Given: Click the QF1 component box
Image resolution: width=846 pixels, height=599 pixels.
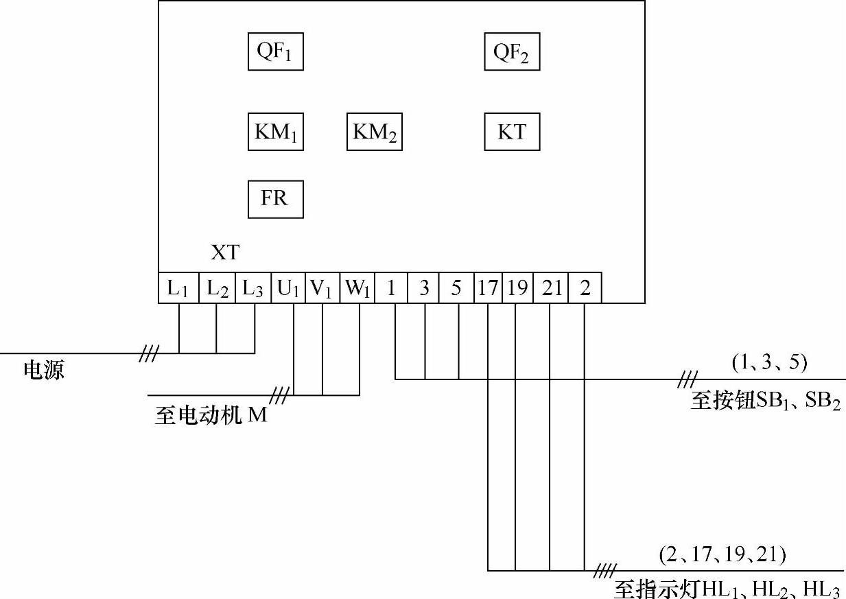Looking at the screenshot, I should pos(275,51).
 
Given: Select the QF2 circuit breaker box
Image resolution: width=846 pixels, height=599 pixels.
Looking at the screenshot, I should pos(512,51).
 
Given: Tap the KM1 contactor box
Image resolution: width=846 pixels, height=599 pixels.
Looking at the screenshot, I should pos(275,132).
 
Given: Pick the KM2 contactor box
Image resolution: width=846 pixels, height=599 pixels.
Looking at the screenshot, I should pos(374,132).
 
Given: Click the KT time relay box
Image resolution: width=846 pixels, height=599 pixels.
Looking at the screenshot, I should pos(512,132).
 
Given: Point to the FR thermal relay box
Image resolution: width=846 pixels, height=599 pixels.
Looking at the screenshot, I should pos(275,199).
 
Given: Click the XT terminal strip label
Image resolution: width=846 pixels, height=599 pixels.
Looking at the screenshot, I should pos(225,252).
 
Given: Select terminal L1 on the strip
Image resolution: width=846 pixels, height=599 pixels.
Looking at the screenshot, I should pos(178,289).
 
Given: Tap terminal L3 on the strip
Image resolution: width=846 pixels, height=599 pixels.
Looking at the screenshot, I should pos(253,289).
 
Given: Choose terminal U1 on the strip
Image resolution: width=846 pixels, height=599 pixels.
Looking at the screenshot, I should pos(288,289).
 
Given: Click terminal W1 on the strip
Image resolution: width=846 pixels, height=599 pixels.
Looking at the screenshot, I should pos(357,289).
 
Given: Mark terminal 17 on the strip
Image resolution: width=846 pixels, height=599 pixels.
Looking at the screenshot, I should pos(488,289).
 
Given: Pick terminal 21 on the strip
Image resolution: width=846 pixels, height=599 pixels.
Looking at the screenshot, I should pos(551,289).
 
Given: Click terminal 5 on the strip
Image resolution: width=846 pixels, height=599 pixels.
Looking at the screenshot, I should pos(457,289).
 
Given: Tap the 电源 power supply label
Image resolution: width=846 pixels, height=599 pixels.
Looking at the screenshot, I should pos(44,371).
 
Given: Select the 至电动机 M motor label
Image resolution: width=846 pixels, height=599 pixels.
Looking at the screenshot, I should pos(211,416).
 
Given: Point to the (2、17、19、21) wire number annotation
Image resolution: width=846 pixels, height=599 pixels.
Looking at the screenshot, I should pos(722,554).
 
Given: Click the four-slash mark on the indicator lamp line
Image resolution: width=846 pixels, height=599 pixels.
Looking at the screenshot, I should pos(604,570).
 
